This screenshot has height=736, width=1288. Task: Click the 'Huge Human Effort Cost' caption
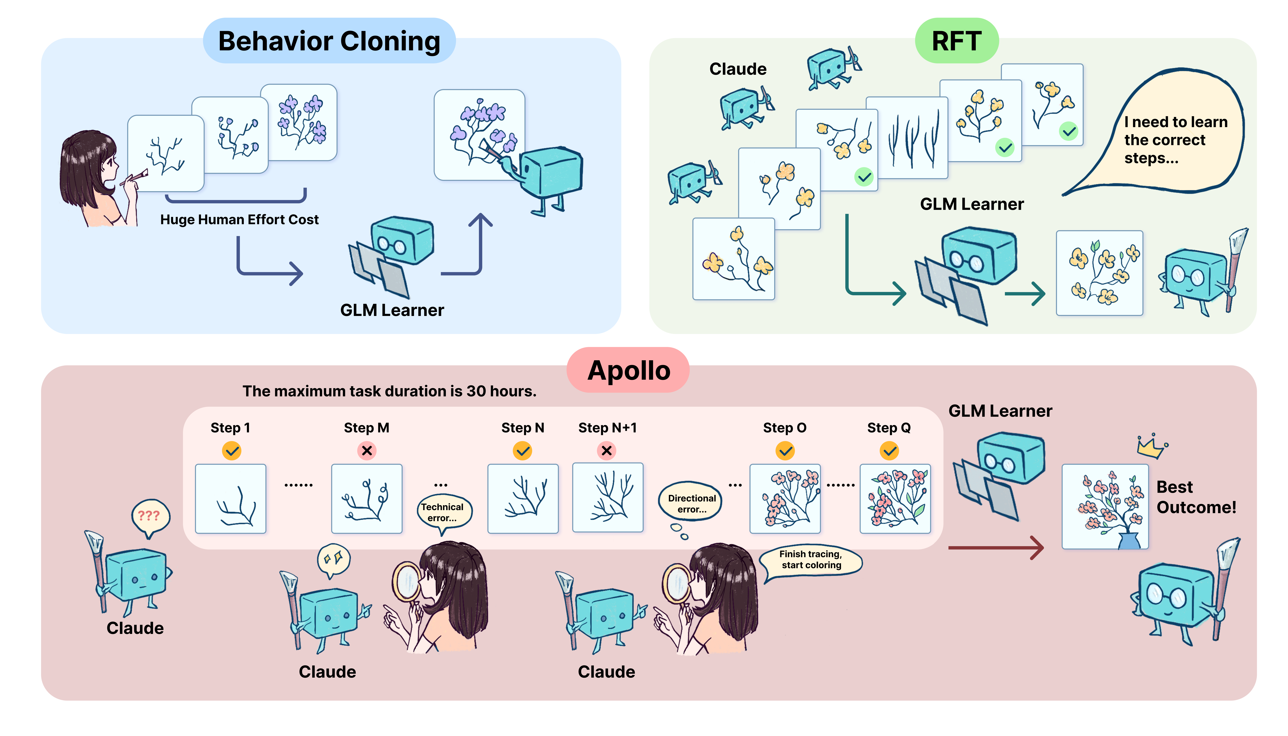tap(239, 219)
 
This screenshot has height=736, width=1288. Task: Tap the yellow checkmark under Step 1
tap(232, 450)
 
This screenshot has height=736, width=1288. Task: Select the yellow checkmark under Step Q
tap(889, 450)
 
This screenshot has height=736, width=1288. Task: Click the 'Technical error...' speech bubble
tap(443, 512)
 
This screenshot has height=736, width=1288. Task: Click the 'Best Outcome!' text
tap(1196, 497)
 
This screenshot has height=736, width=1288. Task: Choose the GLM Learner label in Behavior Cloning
tap(392, 310)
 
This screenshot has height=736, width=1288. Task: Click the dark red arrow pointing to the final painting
tap(995, 547)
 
